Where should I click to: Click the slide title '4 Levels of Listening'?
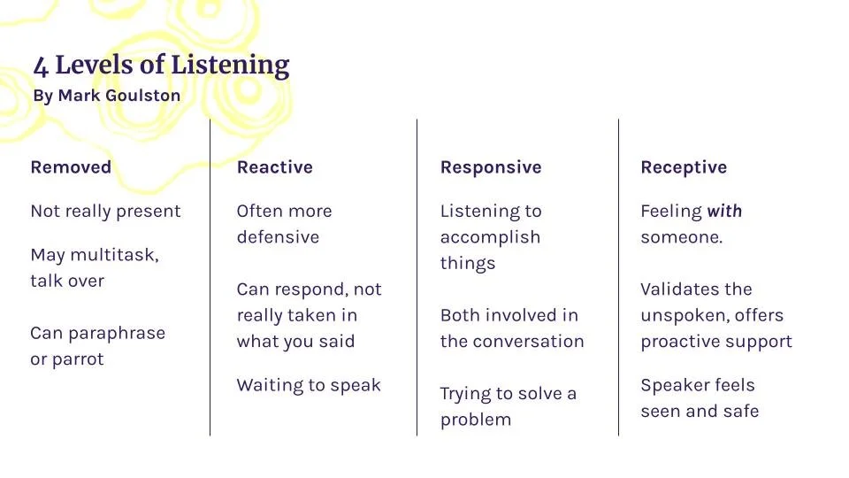coord(161,66)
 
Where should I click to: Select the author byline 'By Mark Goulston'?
coord(106,96)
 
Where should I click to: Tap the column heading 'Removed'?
coord(71,167)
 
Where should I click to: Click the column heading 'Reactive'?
coord(274,167)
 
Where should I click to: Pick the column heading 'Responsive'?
coord(491,167)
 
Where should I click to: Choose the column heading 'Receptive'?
coord(684,167)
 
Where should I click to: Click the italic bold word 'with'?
coord(724,212)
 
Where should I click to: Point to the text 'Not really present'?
coord(105,212)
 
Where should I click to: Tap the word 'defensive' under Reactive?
coord(278,237)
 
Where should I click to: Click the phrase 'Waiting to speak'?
coord(309,385)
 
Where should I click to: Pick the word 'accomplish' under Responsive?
coord(490,237)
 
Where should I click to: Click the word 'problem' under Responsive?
coord(476,420)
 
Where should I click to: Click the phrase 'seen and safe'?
coord(700,411)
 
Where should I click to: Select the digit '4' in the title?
coord(41,66)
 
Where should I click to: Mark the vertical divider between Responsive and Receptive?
coord(618,276)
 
